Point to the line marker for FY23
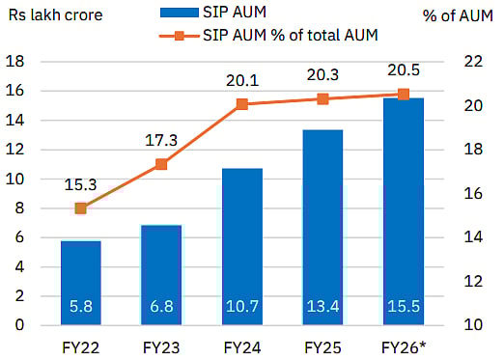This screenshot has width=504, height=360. [161, 164]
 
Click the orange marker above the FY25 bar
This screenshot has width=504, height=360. [323, 98]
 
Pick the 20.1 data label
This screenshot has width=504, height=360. [241, 82]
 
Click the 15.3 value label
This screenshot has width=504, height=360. [81, 184]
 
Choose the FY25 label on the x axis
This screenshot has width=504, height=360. [323, 345]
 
